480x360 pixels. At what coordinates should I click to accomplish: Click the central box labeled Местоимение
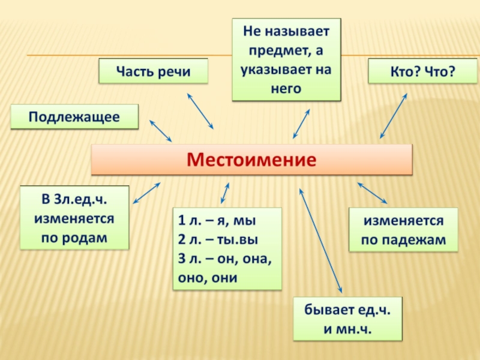coord(251,160)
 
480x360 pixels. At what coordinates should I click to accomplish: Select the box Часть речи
coord(153,71)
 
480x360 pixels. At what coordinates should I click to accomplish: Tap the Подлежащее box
coord(74,116)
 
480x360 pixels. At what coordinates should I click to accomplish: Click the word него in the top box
coord(286,89)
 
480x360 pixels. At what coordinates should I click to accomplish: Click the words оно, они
coord(208,278)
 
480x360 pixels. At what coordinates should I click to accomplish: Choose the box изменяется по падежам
coord(403,230)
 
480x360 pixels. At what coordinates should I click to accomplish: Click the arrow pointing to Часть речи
coord(200,111)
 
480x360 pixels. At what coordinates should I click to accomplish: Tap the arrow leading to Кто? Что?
coord(394,116)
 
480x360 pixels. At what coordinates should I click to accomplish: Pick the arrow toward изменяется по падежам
coord(372,193)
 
